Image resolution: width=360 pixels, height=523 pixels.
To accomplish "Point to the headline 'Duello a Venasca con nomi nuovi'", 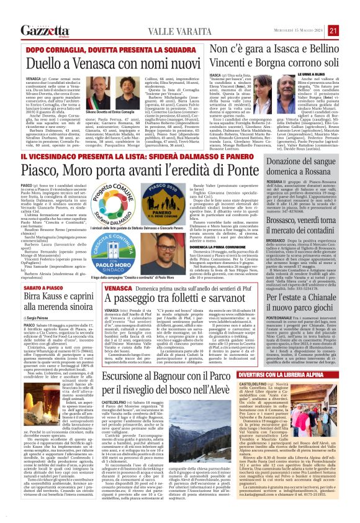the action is click(x=99, y=63).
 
